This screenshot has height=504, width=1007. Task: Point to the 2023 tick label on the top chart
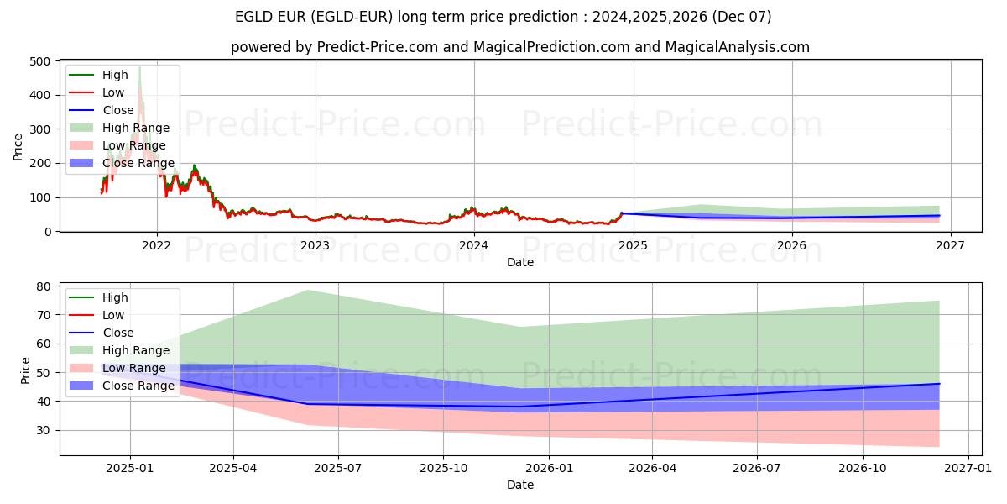pos(315,245)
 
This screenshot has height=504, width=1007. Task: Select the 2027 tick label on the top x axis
pos(950,245)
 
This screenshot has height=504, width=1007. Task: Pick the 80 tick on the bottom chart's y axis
pos(44,286)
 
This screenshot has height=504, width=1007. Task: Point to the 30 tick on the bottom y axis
pos(44,430)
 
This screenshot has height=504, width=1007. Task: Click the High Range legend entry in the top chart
pos(135,128)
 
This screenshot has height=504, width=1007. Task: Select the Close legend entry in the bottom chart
pos(117,333)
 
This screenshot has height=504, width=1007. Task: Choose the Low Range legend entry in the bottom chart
pos(133,368)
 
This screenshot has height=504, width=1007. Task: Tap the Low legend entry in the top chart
pos(113,92)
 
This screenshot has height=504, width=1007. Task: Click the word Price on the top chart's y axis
pos(18,146)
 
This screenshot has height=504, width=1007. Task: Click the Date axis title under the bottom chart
pos(520,485)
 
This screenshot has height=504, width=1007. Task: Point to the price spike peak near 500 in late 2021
pos(139,67)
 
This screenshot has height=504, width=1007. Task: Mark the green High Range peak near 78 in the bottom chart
pos(307,291)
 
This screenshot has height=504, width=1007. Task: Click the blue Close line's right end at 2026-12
pos(939,384)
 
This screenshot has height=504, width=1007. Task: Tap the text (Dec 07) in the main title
pos(743,17)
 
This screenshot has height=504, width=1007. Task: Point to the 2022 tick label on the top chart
pos(156,245)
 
